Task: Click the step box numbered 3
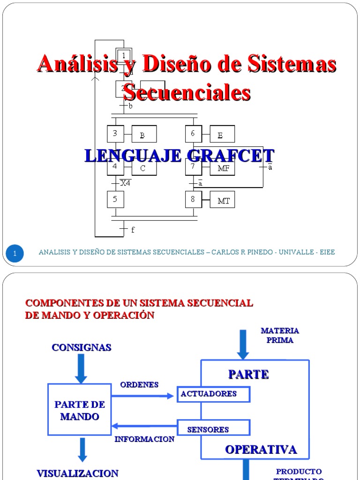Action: click(x=115, y=134)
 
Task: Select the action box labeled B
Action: click(x=143, y=135)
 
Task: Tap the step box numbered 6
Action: click(x=194, y=134)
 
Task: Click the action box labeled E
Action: click(x=222, y=135)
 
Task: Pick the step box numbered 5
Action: click(x=115, y=200)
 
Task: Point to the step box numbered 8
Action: click(x=194, y=200)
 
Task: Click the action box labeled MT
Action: click(x=222, y=200)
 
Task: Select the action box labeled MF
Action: click(x=222, y=167)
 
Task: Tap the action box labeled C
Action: click(x=143, y=168)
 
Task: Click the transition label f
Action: click(x=133, y=230)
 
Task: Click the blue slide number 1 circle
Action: click(x=15, y=254)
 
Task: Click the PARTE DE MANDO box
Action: click(x=80, y=410)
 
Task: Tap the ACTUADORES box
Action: click(x=213, y=394)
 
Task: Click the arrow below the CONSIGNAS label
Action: click(x=81, y=368)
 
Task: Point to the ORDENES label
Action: click(x=139, y=385)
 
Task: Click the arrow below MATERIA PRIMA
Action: click(x=243, y=344)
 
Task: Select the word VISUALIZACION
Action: click(x=77, y=473)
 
